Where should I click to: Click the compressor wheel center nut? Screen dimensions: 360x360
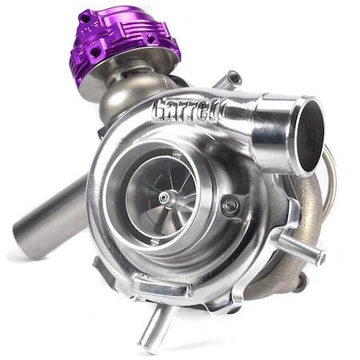tap(163, 196)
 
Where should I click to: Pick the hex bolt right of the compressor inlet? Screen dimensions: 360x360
tap(231, 206)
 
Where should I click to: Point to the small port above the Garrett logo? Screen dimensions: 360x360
tap(232, 79)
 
